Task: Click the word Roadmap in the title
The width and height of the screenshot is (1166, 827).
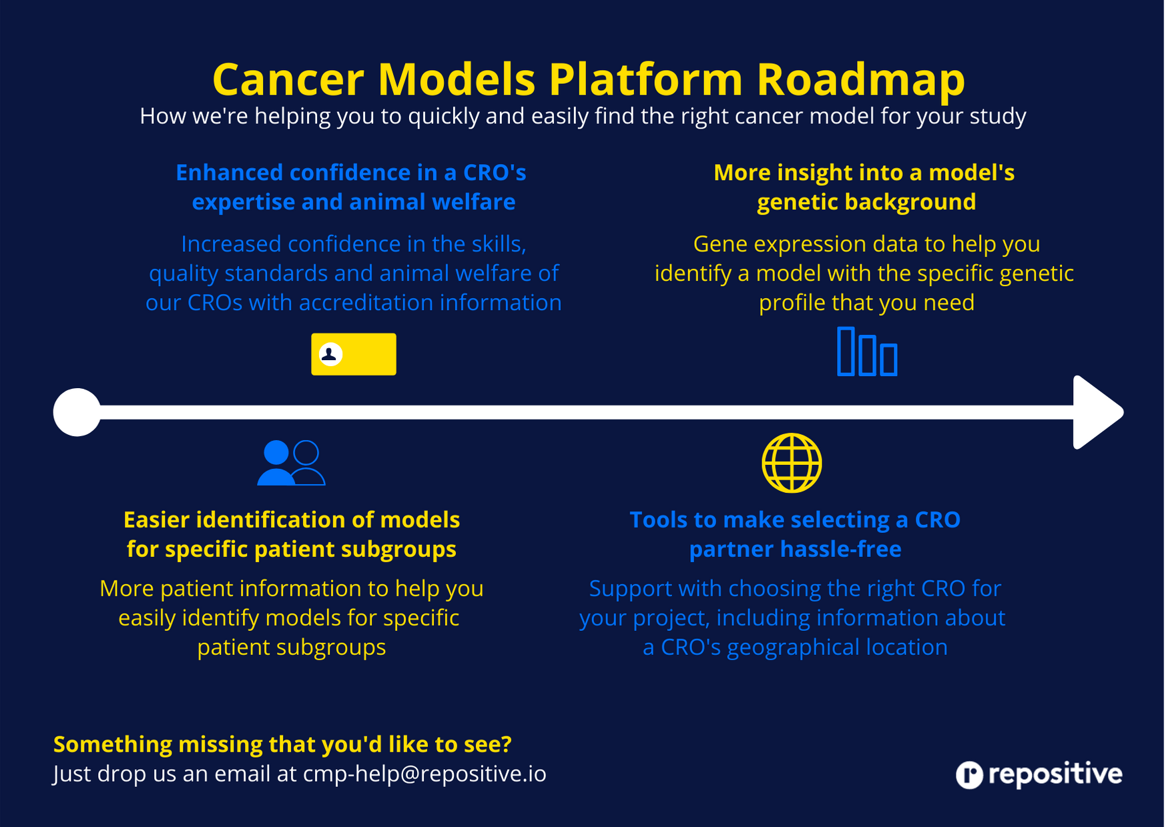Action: pos(860,79)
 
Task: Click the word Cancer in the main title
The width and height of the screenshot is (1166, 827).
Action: pos(288,79)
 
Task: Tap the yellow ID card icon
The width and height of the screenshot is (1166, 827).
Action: pos(354,354)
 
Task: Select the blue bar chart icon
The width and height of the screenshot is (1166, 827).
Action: pos(867,351)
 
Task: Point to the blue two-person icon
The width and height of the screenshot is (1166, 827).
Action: pos(291,462)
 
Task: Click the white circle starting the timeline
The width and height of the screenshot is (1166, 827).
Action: pos(77,412)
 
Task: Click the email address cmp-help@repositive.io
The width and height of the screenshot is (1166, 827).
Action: pos(424,774)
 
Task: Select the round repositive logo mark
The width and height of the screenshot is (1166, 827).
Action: pos(969,775)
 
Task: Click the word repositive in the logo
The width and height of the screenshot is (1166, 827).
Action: pos(1055,774)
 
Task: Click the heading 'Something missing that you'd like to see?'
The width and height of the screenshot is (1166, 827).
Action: pos(282,744)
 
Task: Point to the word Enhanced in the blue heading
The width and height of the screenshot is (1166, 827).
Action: pos(229,173)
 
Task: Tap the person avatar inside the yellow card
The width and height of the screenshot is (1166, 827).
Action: pos(330,353)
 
